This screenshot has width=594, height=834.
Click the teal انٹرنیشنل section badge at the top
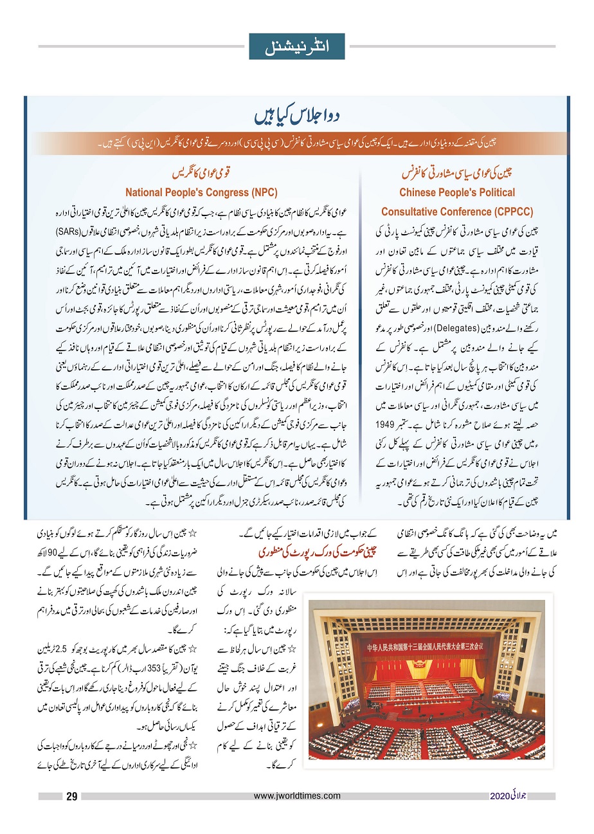(297, 46)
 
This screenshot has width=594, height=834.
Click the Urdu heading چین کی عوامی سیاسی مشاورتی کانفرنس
(456, 174)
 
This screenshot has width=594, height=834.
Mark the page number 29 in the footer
(72, 797)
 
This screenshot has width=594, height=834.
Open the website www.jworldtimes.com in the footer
(297, 796)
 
